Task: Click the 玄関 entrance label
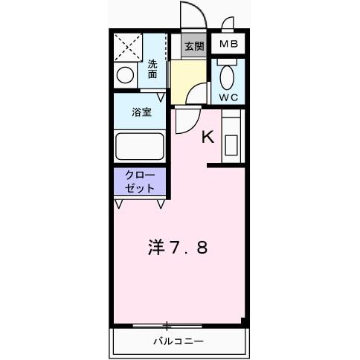(x=194, y=45)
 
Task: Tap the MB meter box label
(x=228, y=45)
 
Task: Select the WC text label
(x=228, y=97)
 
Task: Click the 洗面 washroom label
(x=152, y=69)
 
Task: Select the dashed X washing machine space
(x=128, y=48)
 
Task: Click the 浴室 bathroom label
(x=142, y=113)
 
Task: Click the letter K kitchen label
(x=208, y=136)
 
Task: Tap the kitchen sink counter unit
(x=231, y=138)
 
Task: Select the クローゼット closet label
(x=141, y=182)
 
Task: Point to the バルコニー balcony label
(x=179, y=341)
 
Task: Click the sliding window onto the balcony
(x=168, y=325)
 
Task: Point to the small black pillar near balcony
(x=242, y=321)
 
